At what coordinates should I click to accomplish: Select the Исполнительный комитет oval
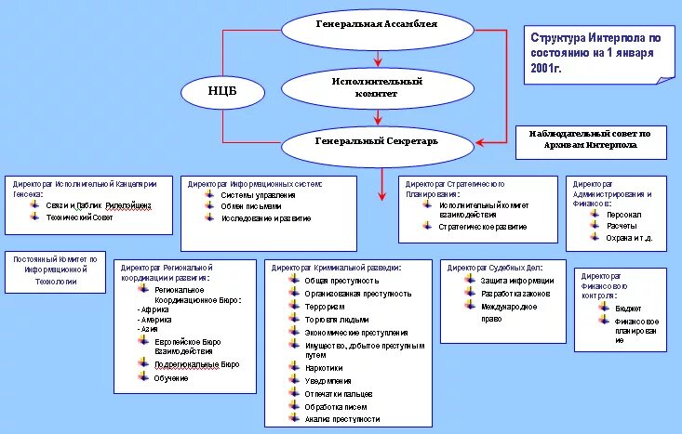point(376,87)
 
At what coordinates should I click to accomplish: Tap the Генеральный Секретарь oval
point(376,142)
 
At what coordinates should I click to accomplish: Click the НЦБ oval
point(221,91)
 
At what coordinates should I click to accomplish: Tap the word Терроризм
point(324,307)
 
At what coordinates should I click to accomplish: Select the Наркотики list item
point(324,369)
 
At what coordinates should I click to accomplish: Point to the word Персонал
point(623,214)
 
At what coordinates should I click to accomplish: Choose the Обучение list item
point(171,378)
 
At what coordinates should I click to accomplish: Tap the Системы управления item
point(258,195)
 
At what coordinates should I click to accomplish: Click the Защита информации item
point(516,280)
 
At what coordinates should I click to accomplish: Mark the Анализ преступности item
point(337,419)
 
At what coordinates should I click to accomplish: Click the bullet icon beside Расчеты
point(596,225)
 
